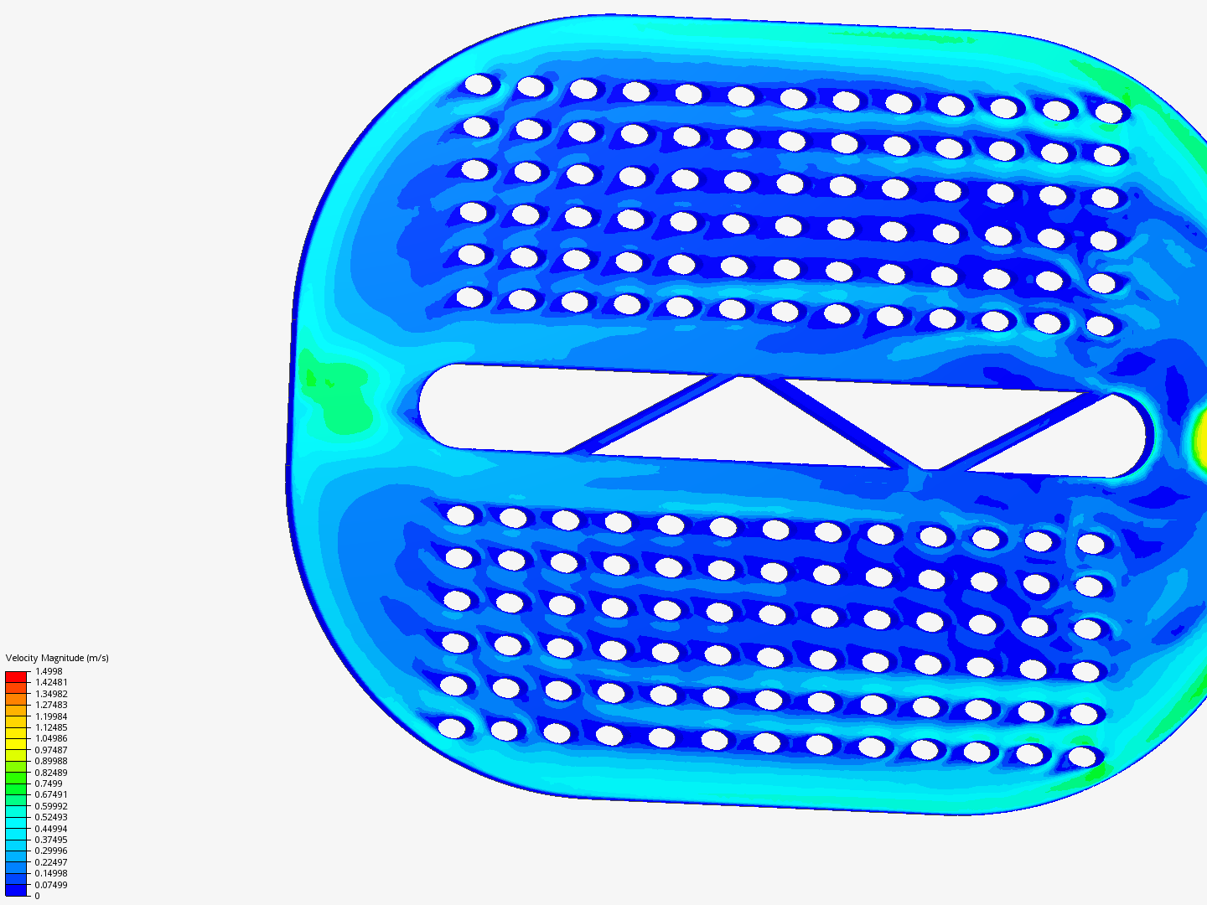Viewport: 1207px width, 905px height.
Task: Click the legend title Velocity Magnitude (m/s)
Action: (57, 658)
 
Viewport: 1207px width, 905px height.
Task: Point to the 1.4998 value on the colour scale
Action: (49, 671)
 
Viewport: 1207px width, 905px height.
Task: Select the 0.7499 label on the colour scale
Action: (49, 783)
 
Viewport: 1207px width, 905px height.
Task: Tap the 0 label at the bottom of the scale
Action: (38, 897)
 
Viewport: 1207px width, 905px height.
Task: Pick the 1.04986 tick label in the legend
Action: (51, 738)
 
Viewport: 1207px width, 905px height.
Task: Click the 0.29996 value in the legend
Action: (51, 851)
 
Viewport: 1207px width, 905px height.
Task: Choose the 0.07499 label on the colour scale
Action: (51, 885)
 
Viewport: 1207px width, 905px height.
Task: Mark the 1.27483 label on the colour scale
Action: (51, 705)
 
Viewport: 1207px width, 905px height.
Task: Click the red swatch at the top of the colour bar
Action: (16, 677)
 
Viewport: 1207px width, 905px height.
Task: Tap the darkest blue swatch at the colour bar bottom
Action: (16, 890)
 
